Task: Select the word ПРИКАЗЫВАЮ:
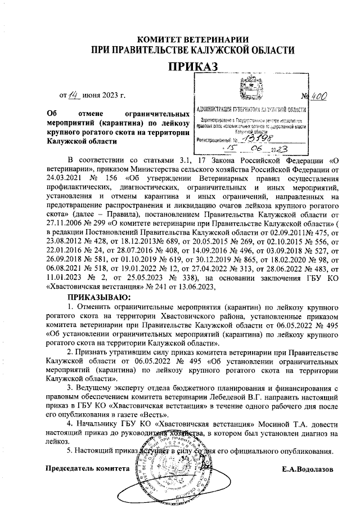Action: [x=98, y=297]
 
